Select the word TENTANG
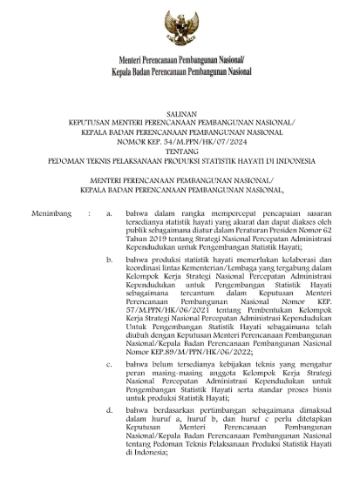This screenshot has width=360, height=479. point(180,149)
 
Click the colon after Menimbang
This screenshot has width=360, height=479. point(87,212)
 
